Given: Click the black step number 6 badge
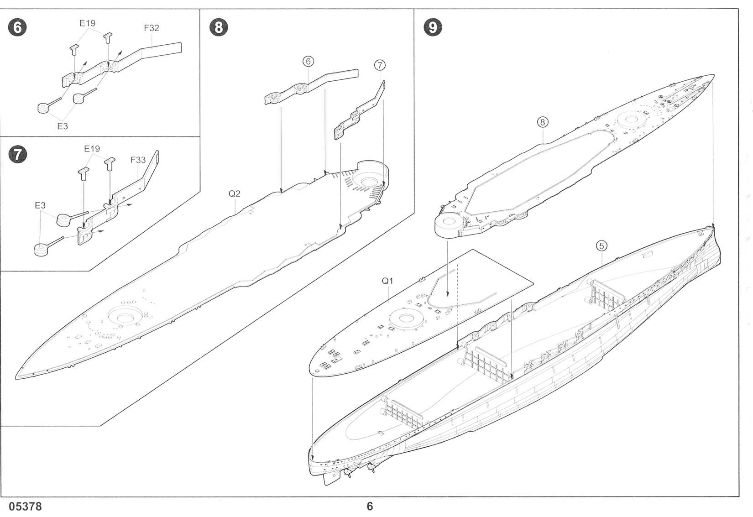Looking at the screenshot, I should (x=17, y=27).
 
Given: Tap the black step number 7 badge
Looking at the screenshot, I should (x=17, y=154).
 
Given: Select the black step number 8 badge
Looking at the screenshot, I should (x=219, y=27).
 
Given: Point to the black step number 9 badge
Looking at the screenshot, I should (x=432, y=27).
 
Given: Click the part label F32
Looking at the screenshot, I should (x=152, y=28).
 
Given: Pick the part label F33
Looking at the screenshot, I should (x=138, y=160).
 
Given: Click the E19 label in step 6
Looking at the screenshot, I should (x=87, y=23).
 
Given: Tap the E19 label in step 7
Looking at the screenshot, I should (x=92, y=149).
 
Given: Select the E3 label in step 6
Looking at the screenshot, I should (x=63, y=126).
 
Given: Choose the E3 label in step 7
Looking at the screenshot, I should (x=40, y=206).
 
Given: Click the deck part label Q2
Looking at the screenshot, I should (x=234, y=194).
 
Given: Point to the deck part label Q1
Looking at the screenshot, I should (x=387, y=281).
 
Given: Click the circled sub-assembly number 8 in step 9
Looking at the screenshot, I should (x=542, y=122).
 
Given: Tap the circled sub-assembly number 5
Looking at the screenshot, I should (x=601, y=246).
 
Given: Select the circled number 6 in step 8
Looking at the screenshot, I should (x=308, y=61).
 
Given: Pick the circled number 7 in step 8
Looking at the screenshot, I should (x=379, y=65).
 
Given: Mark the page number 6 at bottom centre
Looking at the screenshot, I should (x=370, y=507).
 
